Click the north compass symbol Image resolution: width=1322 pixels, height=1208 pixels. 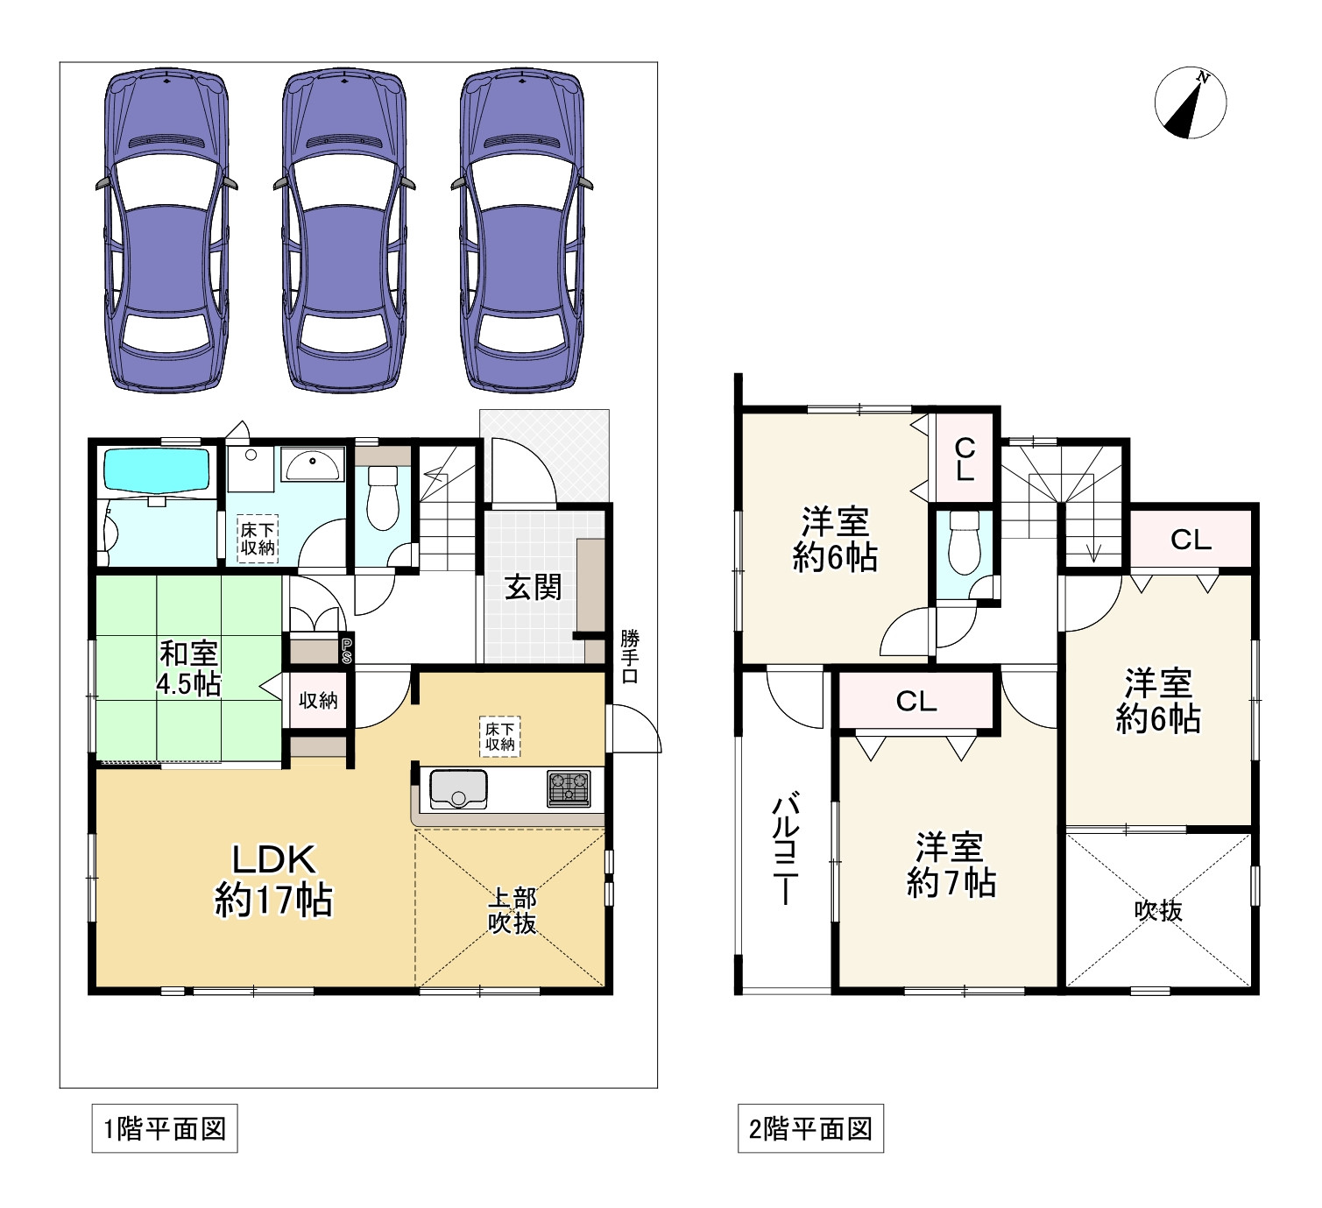click(1190, 102)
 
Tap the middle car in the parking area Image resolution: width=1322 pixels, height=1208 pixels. click(344, 231)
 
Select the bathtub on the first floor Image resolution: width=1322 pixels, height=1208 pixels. click(158, 470)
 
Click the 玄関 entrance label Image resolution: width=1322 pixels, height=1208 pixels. click(533, 587)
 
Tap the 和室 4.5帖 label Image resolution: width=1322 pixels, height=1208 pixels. click(189, 668)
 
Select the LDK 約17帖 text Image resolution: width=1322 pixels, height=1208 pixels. click(273, 880)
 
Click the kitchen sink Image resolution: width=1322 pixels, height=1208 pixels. click(458, 788)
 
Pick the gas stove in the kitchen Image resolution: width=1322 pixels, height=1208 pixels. click(569, 788)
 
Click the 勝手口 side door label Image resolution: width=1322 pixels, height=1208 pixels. click(630, 656)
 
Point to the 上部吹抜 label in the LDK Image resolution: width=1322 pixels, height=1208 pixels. click(513, 910)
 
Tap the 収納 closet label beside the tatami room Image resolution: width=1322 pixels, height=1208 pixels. click(318, 700)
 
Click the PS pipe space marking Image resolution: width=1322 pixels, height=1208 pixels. click(347, 650)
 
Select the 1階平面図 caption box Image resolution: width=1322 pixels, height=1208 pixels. click(165, 1129)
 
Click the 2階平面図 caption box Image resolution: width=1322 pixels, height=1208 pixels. click(810, 1129)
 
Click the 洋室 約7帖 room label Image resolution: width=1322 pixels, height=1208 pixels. click(951, 865)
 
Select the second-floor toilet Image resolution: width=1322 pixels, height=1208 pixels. click(965, 543)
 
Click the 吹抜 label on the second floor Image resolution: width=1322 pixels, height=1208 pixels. click(1158, 911)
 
